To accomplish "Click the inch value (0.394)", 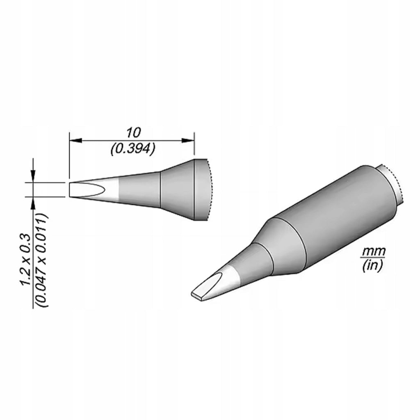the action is pyautogui.click(x=132, y=148).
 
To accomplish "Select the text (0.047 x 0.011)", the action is pyautogui.click(x=42, y=260).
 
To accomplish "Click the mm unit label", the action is pyautogui.click(x=374, y=252).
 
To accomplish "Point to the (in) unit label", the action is pyautogui.click(x=372, y=266).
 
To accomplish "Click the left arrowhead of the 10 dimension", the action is pyautogui.click(x=75, y=140).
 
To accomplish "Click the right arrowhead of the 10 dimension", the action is pyautogui.click(x=188, y=140).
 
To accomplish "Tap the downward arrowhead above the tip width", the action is pyautogui.click(x=33, y=176).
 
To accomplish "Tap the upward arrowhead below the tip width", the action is pyautogui.click(x=33, y=203).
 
